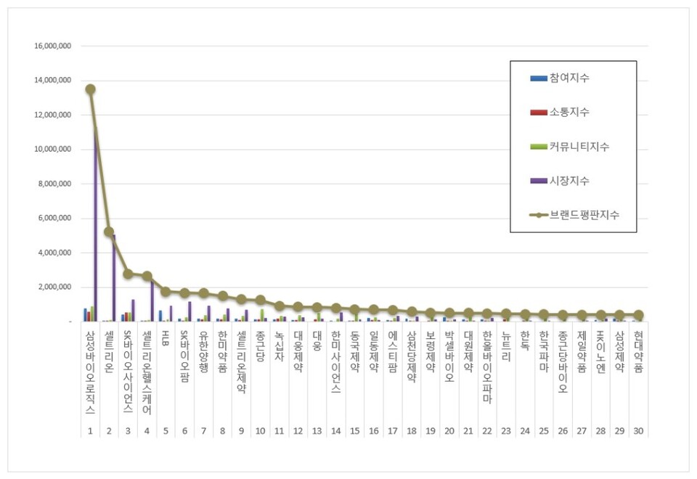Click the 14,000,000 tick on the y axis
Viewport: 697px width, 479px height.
[x=52, y=81]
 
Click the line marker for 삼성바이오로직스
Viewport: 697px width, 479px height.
[x=90, y=89]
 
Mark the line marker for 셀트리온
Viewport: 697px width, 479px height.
[x=109, y=232]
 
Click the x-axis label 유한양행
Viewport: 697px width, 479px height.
[x=203, y=351]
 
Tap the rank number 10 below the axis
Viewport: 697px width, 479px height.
[x=260, y=431]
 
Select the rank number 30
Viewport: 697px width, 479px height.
[x=638, y=431]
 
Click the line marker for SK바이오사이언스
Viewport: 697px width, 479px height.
[x=128, y=274]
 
